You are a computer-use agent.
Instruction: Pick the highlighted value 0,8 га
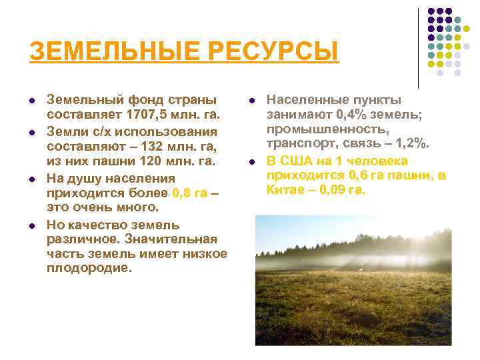click(189, 193)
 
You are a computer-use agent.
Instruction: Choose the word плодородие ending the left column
click(89, 268)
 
